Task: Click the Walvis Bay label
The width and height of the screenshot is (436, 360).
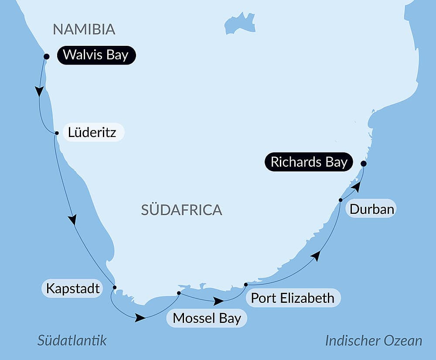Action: [x=96, y=55]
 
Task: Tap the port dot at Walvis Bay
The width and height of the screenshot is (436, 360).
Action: [x=47, y=56]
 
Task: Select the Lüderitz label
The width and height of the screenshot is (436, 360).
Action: [x=92, y=132]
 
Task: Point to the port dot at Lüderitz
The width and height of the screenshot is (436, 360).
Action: [x=56, y=133]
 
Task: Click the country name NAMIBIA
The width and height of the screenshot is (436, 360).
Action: [x=84, y=29]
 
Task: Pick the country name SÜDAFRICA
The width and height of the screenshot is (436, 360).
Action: [x=181, y=210]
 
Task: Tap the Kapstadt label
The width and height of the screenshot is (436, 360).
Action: [x=73, y=288]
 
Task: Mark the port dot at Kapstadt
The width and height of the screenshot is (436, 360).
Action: [x=115, y=287]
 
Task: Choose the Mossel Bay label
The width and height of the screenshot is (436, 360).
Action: [x=207, y=318]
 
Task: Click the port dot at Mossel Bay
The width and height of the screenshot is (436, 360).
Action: [x=179, y=293]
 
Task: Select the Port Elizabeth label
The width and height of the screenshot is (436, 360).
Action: [x=293, y=298]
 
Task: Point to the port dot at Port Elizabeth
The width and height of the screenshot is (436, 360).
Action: [x=246, y=285]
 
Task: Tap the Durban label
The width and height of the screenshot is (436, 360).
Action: [x=372, y=209]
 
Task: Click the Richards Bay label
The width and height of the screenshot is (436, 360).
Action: [x=309, y=162]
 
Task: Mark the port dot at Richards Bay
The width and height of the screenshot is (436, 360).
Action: [x=363, y=164]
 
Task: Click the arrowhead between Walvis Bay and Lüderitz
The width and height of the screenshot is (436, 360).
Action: [x=39, y=91]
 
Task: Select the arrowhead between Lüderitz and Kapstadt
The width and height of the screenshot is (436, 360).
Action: [x=73, y=219]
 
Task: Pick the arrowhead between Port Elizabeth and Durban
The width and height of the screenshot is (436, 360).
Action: [x=316, y=256]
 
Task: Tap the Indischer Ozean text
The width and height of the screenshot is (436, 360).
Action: [x=374, y=340]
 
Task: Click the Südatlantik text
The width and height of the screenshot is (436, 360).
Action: [x=72, y=340]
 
